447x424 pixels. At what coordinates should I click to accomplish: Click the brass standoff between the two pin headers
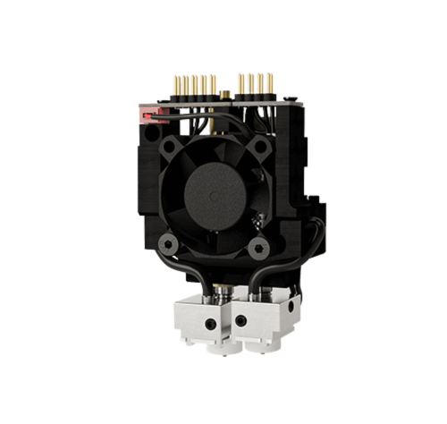tap(221, 93)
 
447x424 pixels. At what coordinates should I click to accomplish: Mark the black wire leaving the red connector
tap(161, 112)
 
